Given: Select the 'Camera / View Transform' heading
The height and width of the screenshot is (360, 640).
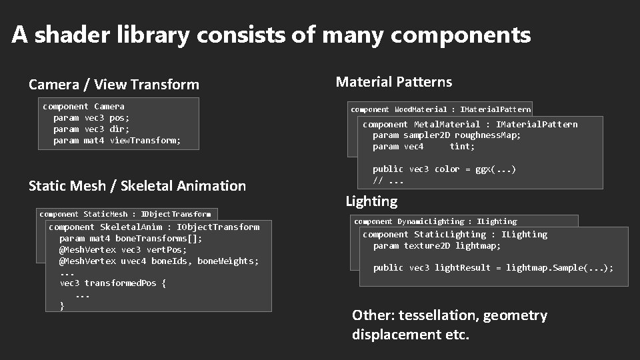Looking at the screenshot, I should (114, 85).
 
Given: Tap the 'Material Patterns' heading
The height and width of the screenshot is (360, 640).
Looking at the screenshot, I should (394, 82).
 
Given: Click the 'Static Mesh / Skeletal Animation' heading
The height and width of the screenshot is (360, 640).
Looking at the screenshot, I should (137, 186).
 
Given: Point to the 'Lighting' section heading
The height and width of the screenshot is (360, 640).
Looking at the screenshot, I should (371, 201).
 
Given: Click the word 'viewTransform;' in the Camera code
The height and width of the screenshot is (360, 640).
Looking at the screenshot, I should (145, 140).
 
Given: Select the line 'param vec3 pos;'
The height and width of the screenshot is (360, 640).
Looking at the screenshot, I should (91, 117).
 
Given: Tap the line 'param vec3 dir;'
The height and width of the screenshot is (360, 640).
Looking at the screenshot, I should (91, 129).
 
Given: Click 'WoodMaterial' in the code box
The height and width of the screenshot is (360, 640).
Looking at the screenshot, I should (421, 109).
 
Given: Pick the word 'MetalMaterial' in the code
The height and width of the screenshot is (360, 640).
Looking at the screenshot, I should (447, 125).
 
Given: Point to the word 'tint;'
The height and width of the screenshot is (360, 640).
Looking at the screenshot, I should (462, 147).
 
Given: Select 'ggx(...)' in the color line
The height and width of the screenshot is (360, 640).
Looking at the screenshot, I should (495, 169).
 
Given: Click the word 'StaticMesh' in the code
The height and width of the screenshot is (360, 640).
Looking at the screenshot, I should (105, 215).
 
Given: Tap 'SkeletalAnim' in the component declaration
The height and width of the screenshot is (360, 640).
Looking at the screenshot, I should (131, 227).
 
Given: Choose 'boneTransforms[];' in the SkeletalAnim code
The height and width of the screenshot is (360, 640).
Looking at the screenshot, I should (159, 239).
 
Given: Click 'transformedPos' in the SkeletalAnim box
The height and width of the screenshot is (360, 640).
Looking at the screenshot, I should (121, 283).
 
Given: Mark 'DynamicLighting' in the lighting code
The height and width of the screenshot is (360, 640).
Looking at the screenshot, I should (431, 221).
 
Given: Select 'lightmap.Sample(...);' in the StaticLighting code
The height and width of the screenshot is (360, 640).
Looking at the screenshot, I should (559, 268).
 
